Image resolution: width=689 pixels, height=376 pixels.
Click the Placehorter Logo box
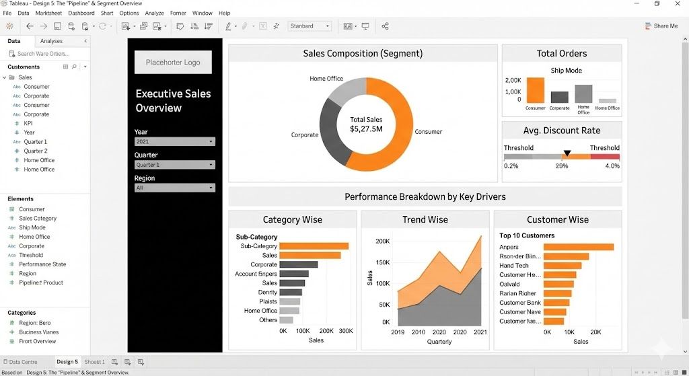coord(173,63)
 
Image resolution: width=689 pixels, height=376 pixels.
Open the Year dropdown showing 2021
coord(174,142)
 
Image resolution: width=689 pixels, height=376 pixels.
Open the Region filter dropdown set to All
coord(174,188)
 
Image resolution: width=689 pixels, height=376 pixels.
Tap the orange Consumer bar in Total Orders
coord(536,90)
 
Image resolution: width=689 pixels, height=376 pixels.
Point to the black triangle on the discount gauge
coord(567,153)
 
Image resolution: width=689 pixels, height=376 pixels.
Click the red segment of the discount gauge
coord(605,157)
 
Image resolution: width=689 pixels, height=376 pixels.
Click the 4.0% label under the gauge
coord(612,166)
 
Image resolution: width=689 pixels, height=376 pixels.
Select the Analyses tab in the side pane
coord(51,41)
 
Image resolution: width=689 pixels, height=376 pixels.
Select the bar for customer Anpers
coord(578,247)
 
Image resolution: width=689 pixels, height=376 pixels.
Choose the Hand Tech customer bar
coord(561,266)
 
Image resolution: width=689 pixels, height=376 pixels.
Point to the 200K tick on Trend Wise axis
coord(382,241)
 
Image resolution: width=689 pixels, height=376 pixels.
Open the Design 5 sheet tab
coord(67,362)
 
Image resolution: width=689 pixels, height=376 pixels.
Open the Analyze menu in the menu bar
coord(154,13)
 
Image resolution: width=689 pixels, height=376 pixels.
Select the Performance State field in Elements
coord(42,264)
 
